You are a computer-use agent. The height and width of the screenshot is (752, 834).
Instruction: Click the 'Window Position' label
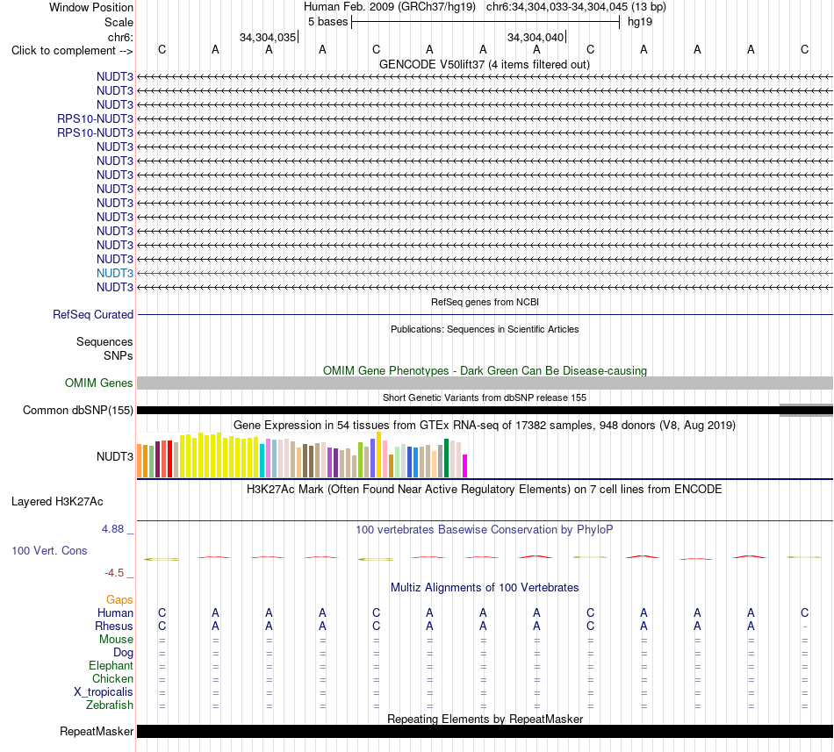tap(91, 7)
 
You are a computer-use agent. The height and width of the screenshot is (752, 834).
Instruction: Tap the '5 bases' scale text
tap(327, 22)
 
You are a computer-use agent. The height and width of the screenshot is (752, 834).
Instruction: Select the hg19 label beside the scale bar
tap(640, 22)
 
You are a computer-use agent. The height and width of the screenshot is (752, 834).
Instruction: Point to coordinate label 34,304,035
tap(268, 37)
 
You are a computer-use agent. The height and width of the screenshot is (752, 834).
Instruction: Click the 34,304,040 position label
tap(536, 37)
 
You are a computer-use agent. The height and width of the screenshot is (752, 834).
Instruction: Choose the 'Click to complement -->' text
tap(72, 51)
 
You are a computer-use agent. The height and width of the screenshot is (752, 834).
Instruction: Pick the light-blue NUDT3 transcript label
tap(115, 273)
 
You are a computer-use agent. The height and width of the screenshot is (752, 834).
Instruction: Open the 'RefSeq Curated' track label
tap(93, 315)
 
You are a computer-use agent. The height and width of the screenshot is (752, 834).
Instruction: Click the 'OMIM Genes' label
tap(99, 383)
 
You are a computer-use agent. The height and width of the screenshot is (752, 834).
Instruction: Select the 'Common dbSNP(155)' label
tap(78, 411)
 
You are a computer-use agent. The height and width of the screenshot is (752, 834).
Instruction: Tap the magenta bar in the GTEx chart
tap(465, 466)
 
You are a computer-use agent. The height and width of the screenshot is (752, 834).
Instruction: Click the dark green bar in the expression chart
tap(446, 458)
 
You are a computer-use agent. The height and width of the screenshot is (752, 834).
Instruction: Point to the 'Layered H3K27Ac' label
tap(57, 502)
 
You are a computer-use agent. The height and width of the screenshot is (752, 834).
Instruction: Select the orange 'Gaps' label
tap(119, 600)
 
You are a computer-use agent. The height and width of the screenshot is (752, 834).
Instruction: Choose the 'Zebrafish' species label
tap(110, 705)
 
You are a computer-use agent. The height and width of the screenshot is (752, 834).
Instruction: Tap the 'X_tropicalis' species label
tap(104, 692)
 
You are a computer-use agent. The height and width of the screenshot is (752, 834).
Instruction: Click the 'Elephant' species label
tap(111, 666)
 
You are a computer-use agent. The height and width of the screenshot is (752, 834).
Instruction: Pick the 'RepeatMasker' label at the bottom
tap(97, 732)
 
